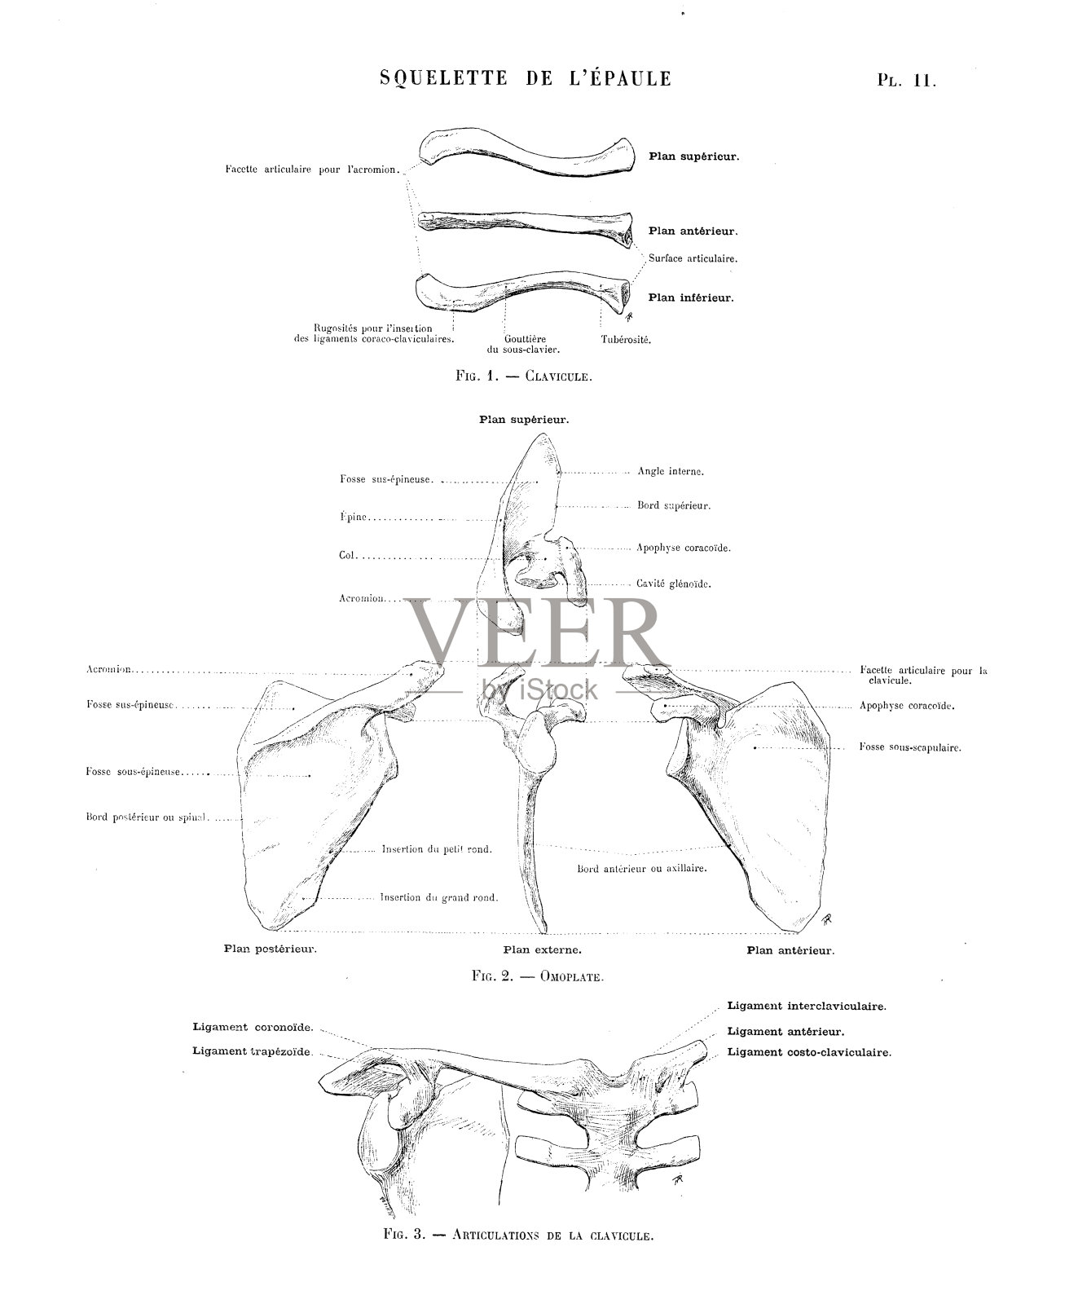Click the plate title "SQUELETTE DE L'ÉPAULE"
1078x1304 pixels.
pos(526,79)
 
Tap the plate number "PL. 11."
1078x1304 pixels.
pos(906,81)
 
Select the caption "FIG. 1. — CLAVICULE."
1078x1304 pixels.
pos(523,377)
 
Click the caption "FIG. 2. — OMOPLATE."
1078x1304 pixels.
pos(537,976)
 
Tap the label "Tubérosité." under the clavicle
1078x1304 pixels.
pos(626,339)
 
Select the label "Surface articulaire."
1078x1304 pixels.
pos(693,258)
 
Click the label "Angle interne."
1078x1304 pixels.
pos(670,471)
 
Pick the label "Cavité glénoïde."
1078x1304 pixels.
pos(674,584)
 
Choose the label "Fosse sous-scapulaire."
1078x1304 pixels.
pos(909,747)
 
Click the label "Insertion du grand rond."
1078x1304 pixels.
pos(438,897)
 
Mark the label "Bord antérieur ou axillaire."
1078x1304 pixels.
pos(641,869)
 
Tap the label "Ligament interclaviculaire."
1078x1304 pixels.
pos(806,1007)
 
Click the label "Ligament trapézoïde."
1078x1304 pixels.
pos(253,1051)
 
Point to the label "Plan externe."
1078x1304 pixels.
pos(542,949)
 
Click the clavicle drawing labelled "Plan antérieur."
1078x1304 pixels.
pos(526,224)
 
